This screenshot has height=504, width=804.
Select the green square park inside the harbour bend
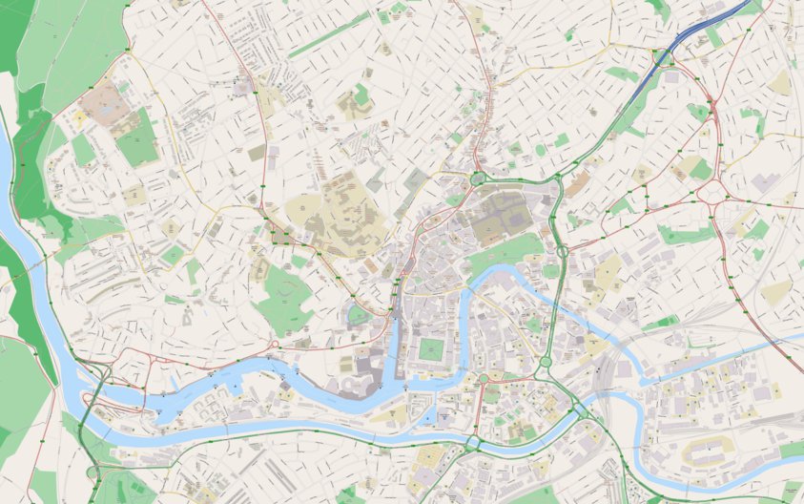click(x=432, y=349)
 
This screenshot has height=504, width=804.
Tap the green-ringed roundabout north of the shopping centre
click(x=477, y=178)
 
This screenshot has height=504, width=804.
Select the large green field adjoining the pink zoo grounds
click(x=138, y=139)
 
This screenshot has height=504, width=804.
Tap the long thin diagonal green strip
click(x=329, y=36)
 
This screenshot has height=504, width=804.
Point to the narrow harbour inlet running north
click(x=394, y=344)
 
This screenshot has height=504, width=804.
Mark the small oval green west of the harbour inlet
click(x=359, y=314)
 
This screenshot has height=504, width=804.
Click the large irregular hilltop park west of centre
click(x=284, y=296)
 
